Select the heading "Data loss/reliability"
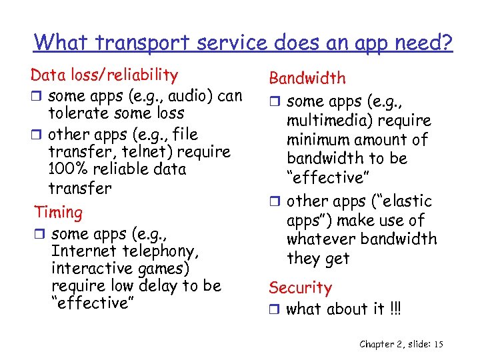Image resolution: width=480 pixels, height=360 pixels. point(104,75)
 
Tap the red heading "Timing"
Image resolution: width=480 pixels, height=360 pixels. point(59,213)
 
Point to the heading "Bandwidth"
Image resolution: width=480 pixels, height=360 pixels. point(307,78)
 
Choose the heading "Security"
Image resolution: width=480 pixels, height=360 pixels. point(300,288)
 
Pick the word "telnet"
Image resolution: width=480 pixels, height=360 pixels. point(135,152)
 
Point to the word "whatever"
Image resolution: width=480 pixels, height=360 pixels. point(319,239)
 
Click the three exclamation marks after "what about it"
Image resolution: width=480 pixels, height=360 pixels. point(397,309)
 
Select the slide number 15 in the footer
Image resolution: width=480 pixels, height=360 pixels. point(437,344)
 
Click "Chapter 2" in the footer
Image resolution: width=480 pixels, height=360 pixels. point(383,344)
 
